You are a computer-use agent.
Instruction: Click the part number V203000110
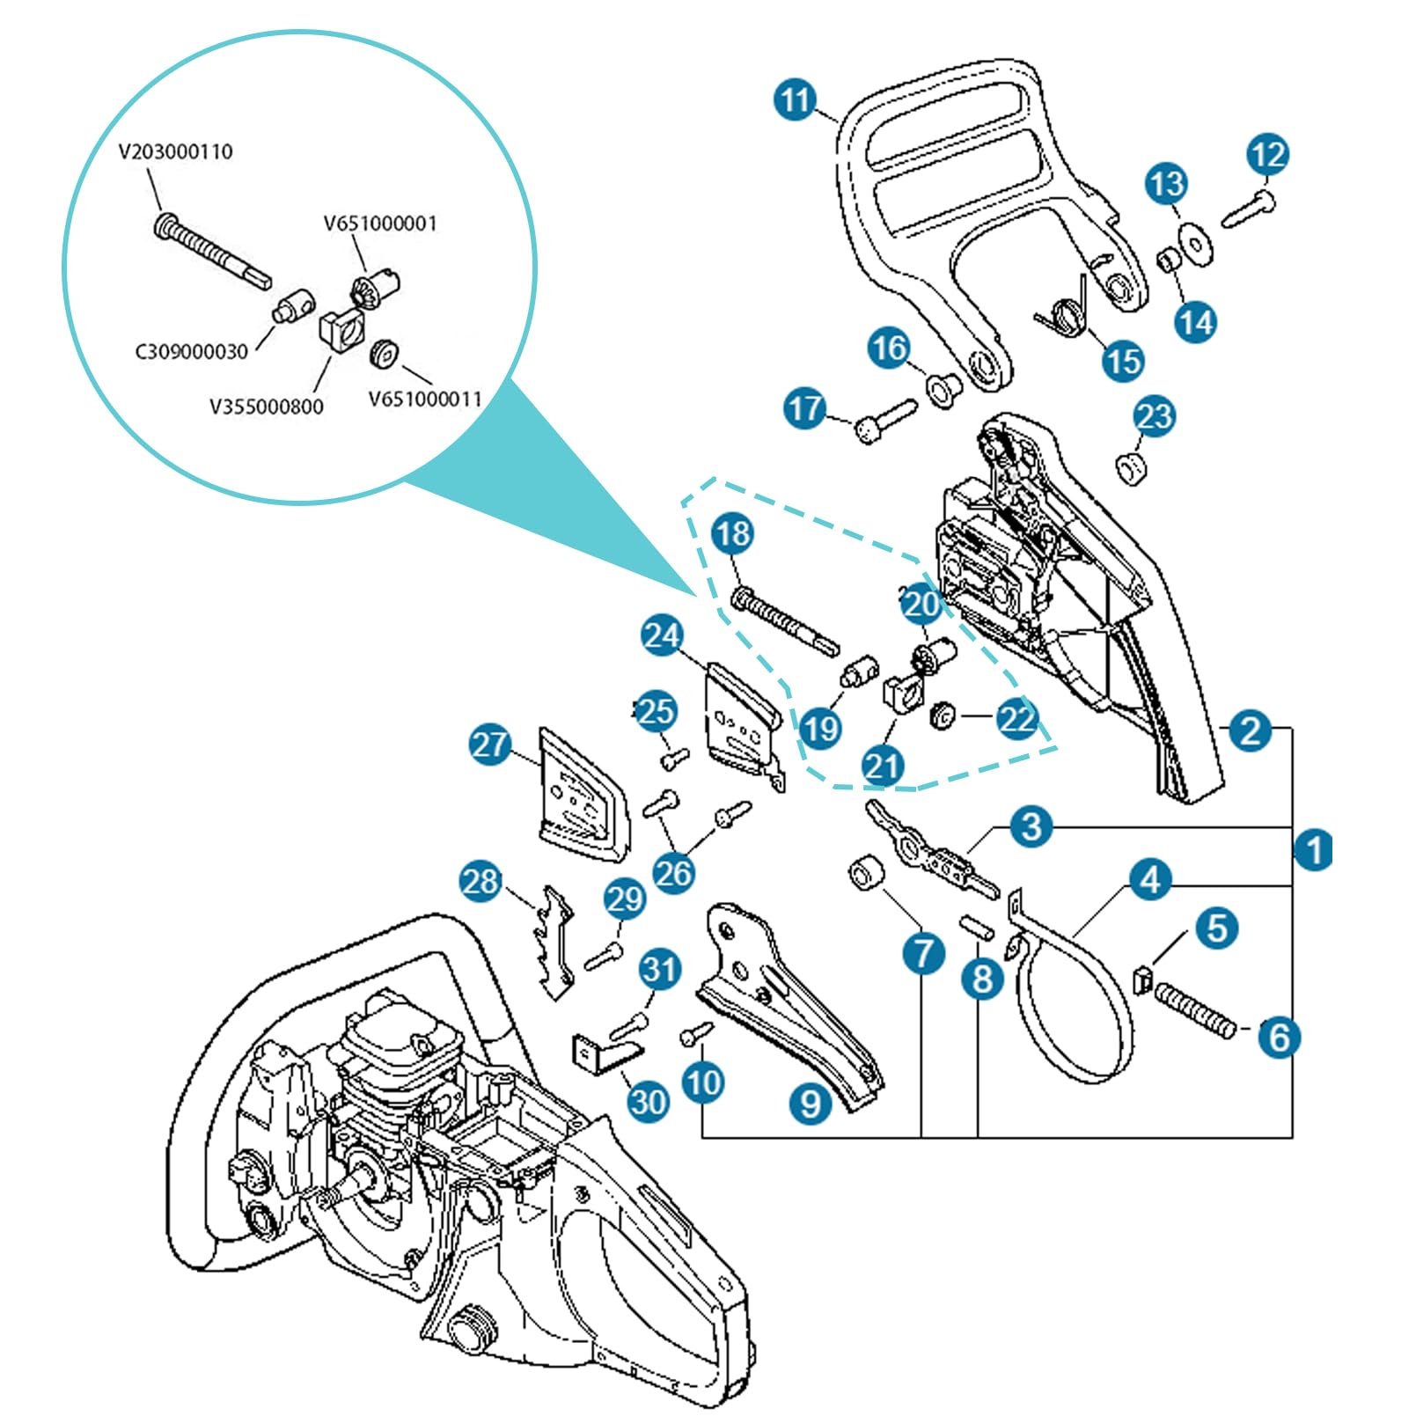coord(176,151)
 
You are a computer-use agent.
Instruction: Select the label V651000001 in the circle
coord(380,224)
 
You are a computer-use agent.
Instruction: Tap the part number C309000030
coord(191,352)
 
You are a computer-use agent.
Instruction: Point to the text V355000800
coord(266,407)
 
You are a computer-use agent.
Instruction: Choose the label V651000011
coord(425,400)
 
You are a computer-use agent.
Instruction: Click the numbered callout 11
coord(796,99)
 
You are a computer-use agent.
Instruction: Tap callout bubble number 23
coord(1154,416)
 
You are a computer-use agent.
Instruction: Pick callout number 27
coord(490,745)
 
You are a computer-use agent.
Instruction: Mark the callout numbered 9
coord(811,1103)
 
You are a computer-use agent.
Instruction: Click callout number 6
coord(1279,1037)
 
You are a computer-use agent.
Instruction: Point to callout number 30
coord(649,1102)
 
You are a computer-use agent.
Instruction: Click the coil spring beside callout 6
coord(1196,1011)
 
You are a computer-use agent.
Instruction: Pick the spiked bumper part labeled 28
coord(553,943)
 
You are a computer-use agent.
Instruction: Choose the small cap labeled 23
coord(1132,467)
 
